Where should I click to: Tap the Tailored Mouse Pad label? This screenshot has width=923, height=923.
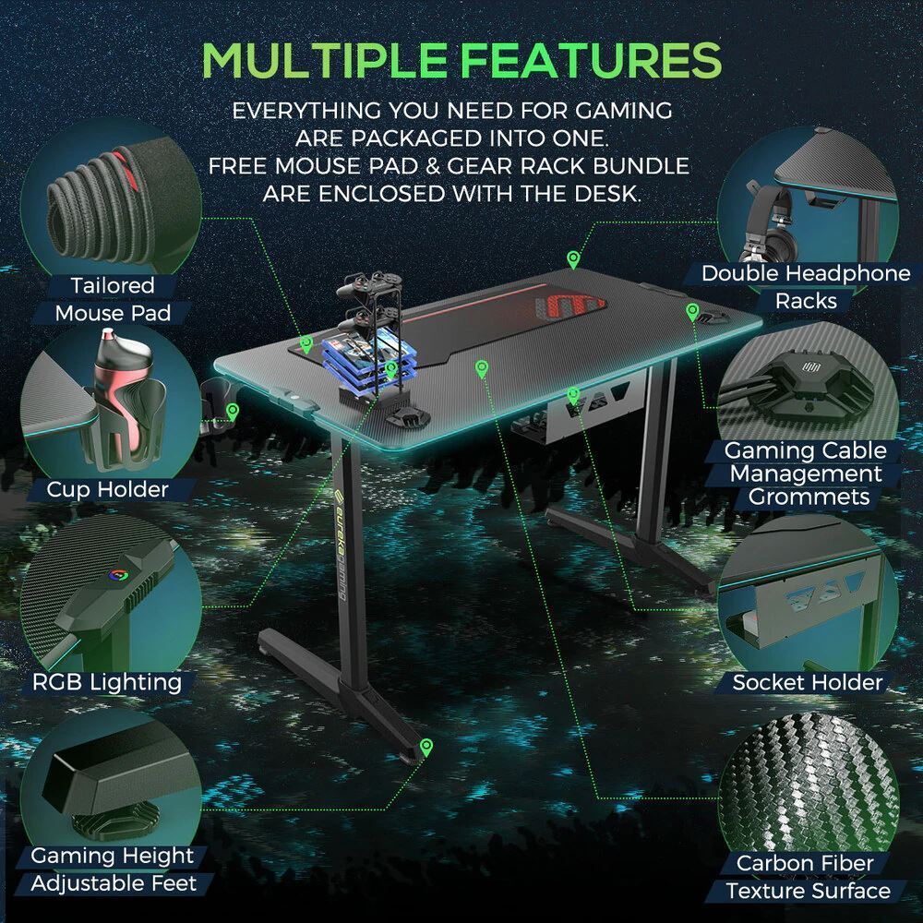pyautogui.click(x=113, y=299)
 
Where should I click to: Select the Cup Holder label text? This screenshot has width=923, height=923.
pyautogui.click(x=107, y=489)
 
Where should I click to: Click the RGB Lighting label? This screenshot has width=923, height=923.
pyautogui.click(x=106, y=682)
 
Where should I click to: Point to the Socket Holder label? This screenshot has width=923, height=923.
pyautogui.click(x=807, y=683)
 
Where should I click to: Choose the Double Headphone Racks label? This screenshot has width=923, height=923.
pyautogui.click(x=806, y=287)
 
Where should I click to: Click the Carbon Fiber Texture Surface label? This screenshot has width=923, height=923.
pyautogui.click(x=807, y=877)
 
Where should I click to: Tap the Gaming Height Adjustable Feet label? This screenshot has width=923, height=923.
pyautogui.click(x=113, y=869)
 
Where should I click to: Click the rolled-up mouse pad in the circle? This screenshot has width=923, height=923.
pyautogui.click(x=100, y=206)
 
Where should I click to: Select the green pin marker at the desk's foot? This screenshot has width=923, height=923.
pyautogui.click(x=426, y=748)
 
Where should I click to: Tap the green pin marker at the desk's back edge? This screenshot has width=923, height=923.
pyautogui.click(x=572, y=259)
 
